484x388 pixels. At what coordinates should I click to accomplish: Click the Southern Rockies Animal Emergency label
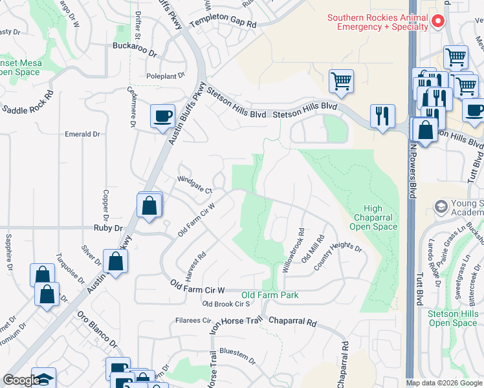coord(377,22)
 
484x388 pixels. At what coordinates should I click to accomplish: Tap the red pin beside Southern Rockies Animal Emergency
coord(437,21)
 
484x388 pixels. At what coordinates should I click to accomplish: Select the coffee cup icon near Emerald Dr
coord(162,116)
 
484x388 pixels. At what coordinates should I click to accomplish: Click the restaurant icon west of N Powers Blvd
coord(382,116)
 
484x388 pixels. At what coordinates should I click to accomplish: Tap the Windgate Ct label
coord(195,182)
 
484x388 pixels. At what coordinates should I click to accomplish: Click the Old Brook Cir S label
coord(226,304)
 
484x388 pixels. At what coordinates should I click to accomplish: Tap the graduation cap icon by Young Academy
coord(441,206)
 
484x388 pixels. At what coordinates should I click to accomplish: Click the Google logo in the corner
coord(21,381)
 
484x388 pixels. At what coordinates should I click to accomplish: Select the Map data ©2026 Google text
coord(443,383)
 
